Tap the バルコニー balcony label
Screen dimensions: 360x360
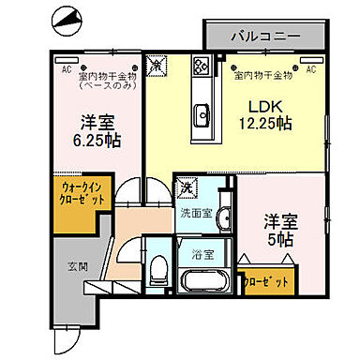pos(265,37)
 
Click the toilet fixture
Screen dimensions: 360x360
pos(157,271)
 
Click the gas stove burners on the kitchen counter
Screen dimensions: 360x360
pos(202,66)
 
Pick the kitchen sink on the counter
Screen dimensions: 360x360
pos(202,115)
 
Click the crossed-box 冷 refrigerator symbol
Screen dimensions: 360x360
pos(159,66)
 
